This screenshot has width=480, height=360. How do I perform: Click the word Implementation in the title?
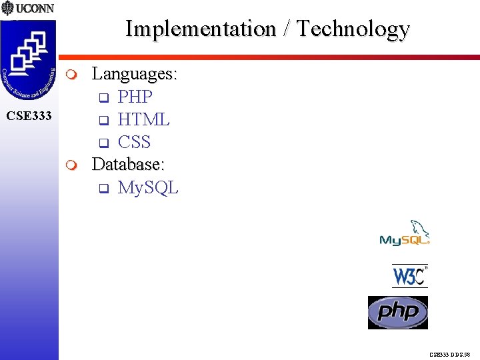point(201,29)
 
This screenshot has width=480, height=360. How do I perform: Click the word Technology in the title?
point(353,29)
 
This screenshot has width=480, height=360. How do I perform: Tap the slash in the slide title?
point(286,29)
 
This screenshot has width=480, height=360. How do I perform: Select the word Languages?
point(134,73)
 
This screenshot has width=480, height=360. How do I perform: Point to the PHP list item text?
point(135,97)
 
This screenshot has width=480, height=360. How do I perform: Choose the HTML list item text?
point(143,119)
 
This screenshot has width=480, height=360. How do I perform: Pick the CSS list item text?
point(134,142)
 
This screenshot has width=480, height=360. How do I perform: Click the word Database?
point(129,164)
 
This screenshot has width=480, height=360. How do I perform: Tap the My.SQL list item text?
point(148,187)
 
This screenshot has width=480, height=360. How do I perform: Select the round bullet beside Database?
point(73,165)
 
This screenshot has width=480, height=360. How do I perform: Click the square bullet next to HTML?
point(103,121)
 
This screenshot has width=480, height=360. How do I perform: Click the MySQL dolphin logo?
point(405,233)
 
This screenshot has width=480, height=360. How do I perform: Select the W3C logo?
point(409,275)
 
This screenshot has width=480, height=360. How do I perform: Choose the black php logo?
point(398,312)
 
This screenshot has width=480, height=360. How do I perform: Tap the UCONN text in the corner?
point(35,9)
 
